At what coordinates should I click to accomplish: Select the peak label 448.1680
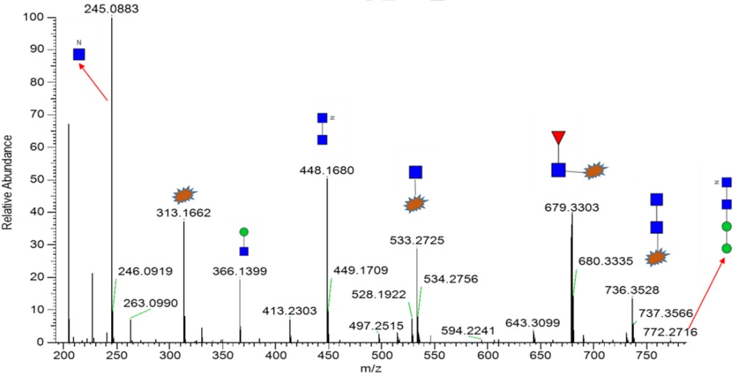pos(327,171)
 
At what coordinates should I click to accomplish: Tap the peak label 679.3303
pos(571,207)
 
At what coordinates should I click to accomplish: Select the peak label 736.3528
pos(632,290)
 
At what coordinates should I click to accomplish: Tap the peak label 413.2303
pos(289,312)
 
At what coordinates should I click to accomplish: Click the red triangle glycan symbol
pos(558,137)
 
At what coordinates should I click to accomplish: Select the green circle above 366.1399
pos(244,232)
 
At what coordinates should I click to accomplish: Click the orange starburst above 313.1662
pos(184,194)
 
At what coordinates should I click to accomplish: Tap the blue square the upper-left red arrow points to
pos(79,54)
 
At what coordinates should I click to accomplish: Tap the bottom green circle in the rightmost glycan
pos(726,249)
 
